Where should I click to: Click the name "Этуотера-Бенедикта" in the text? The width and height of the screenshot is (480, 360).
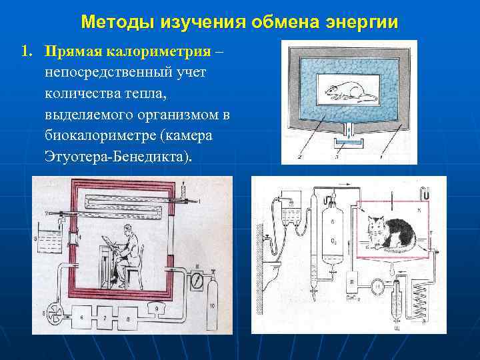pyautogui.click(x=117, y=156)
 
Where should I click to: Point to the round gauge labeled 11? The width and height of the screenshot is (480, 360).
pyautogui.click(x=196, y=280)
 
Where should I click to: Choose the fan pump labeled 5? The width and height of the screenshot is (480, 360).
pyautogui.click(x=53, y=313)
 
